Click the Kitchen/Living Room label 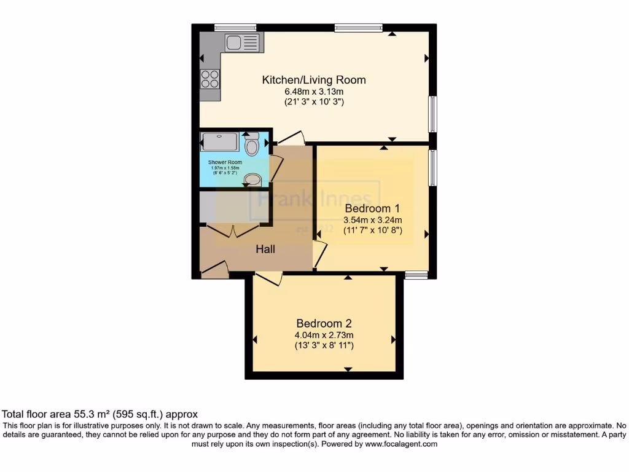314,80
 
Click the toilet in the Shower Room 251,146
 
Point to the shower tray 219,143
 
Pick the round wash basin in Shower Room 252,179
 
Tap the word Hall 265,250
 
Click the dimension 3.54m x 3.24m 373,221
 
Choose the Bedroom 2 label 324,324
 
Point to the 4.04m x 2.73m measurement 324,336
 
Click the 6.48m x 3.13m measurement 313,92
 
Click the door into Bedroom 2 268,278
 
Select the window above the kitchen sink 235,27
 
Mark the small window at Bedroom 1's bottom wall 416,274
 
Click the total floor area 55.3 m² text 100,415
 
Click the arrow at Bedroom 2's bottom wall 348,369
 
